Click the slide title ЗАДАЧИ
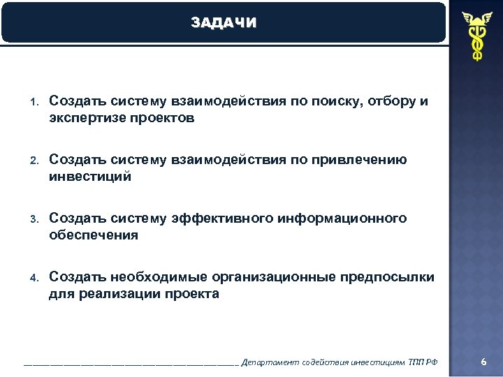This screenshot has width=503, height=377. [x=224, y=23]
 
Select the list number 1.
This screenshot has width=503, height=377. [x=33, y=103]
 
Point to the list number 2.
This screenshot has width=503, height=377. [x=33, y=161]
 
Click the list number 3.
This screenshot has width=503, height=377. [x=33, y=220]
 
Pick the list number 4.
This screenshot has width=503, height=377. [x=33, y=279]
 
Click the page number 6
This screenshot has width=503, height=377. [x=483, y=361]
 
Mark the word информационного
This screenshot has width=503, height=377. [x=342, y=219]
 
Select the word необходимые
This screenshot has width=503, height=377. [x=159, y=278]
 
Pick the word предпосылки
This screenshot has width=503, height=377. [x=387, y=278]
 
